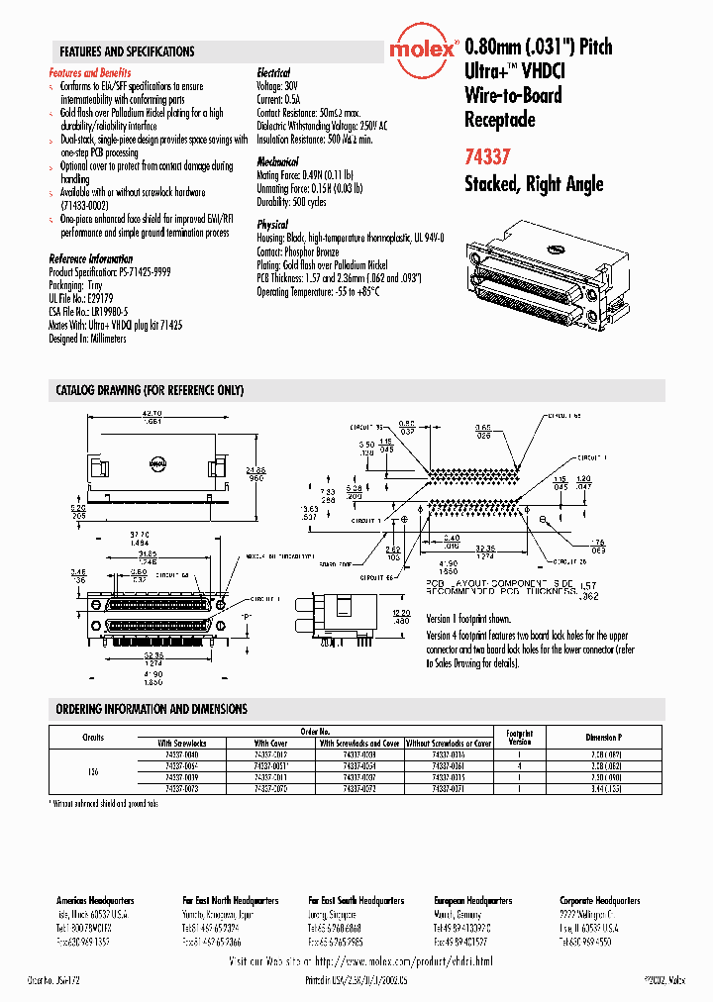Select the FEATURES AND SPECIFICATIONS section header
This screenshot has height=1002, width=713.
click(x=127, y=51)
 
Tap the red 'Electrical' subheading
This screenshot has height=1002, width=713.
click(x=273, y=73)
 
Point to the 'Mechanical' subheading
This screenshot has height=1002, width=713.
click(x=277, y=160)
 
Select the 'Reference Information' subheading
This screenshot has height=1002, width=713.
click(x=90, y=259)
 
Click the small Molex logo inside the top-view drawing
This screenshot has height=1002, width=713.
click(x=156, y=460)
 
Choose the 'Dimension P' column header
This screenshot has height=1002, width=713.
click(x=604, y=738)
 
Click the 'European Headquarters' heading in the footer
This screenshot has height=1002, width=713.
click(x=472, y=901)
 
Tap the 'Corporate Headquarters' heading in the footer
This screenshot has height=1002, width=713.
click(x=599, y=901)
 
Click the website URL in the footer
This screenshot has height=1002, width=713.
click(x=359, y=961)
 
